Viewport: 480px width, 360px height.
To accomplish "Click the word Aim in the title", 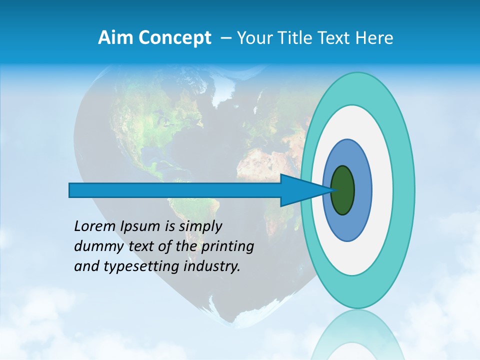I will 116,38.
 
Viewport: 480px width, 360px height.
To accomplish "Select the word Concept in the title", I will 174,38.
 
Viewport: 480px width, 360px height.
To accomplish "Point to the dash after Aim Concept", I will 226,38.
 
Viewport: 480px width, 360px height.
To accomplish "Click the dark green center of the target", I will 343,190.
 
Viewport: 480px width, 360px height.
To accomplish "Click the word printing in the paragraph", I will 227,246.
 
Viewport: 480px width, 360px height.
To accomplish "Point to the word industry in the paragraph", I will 212,266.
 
